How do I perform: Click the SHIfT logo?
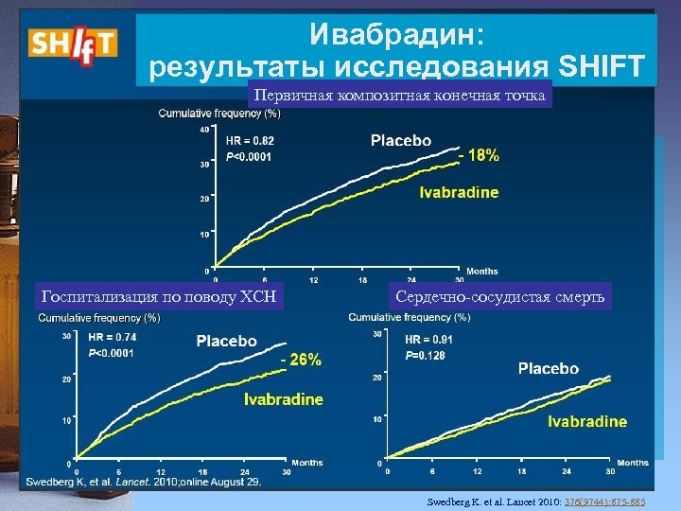coord(72,42)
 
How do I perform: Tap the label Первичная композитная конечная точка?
coord(397,96)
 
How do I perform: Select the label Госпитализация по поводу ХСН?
coord(157,298)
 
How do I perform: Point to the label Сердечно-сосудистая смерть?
coord(502,298)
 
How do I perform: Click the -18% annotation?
coord(479,156)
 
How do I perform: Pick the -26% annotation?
coord(301,359)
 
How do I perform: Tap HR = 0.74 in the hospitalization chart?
coord(112,336)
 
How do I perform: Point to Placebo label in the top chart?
coord(400,141)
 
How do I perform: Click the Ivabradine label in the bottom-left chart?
coord(284,399)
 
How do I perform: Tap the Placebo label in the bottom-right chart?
coord(549,368)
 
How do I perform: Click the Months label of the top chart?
coord(482,272)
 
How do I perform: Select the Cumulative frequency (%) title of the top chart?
coord(218,114)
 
